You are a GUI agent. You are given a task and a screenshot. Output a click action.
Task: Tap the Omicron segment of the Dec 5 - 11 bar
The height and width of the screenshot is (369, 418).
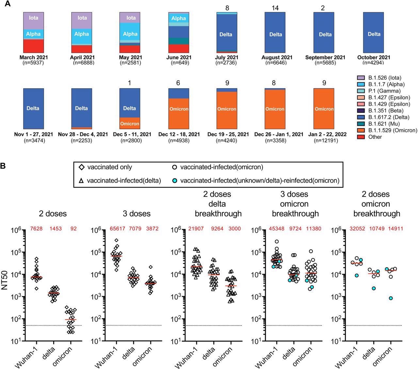[x=130, y=123]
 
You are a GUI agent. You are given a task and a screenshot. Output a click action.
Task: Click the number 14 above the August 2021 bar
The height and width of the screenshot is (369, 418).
[x=275, y=8]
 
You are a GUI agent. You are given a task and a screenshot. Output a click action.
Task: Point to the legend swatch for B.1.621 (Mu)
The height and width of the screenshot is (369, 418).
[x=361, y=124]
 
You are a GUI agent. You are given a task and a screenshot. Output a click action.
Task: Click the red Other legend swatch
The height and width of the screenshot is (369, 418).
[x=361, y=137]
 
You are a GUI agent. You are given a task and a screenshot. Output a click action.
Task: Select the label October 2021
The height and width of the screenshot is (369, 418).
[x=374, y=57]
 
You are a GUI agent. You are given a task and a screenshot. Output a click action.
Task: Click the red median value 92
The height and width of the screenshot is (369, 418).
[x=73, y=229]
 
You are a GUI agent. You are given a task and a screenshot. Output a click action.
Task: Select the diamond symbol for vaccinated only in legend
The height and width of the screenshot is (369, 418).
[x=82, y=167]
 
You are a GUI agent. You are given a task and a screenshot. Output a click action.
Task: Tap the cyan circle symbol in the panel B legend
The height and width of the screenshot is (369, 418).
[x=175, y=180]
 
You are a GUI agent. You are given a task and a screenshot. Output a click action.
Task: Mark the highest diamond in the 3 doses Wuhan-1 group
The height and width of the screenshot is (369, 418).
[x=116, y=240]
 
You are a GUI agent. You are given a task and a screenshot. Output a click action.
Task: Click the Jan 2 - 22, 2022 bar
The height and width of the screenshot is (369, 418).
[x=324, y=109]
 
